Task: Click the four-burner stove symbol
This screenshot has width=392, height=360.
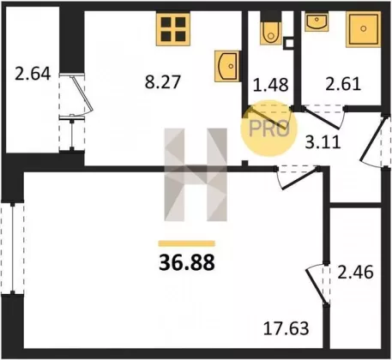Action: (x=173, y=29)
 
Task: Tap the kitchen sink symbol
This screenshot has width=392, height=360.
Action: (x=226, y=66)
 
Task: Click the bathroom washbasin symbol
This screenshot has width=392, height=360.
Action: (x=317, y=21)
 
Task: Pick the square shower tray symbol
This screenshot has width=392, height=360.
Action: (x=364, y=29)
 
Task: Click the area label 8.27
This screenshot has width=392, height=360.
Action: (x=163, y=82)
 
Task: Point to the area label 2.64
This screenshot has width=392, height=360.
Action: (x=33, y=74)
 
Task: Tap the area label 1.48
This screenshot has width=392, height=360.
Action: (x=271, y=85)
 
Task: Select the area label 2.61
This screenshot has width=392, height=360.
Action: (x=343, y=84)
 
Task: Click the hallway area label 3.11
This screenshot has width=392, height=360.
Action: (x=323, y=142)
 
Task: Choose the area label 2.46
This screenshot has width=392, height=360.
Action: (x=355, y=272)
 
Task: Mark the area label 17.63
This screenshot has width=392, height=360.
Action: (x=286, y=328)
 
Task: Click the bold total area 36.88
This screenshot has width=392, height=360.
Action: (x=187, y=262)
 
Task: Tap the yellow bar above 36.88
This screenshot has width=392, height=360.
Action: (x=187, y=243)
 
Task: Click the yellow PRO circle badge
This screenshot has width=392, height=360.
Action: (x=268, y=128)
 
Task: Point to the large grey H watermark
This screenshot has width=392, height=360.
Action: (x=196, y=175)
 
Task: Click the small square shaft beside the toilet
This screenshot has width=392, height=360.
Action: (x=288, y=43)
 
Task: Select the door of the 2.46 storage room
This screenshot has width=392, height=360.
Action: (x=317, y=286)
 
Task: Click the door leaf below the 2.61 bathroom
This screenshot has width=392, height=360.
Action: (x=322, y=118)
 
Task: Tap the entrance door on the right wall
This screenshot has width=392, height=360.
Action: (x=372, y=140)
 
